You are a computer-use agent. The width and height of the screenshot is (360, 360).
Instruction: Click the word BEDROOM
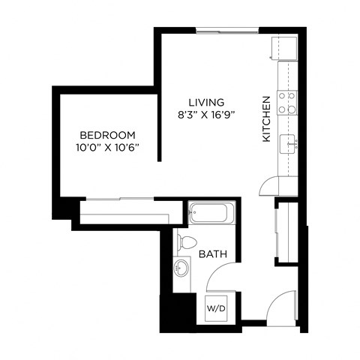(x=108, y=135)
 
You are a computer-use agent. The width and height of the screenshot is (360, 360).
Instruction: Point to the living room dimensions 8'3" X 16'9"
(x=206, y=115)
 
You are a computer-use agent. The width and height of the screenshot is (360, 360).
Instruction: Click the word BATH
(x=212, y=255)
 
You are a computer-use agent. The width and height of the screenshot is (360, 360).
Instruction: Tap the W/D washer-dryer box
(x=216, y=307)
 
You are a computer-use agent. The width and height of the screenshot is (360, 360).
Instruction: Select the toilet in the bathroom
(x=186, y=241)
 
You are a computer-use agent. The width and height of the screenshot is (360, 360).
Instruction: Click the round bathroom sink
(x=182, y=266)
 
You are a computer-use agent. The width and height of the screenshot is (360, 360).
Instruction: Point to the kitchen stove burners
(x=287, y=102)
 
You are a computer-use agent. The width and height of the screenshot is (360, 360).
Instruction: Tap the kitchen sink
(x=288, y=142)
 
